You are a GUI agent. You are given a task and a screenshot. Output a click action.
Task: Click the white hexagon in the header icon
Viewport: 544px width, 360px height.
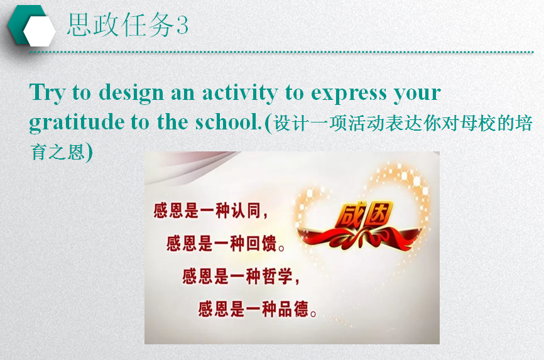[40, 31]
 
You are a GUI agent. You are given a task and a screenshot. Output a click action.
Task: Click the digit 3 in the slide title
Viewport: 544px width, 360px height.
[182, 25]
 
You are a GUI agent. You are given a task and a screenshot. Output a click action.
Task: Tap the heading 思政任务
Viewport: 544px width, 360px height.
[121, 25]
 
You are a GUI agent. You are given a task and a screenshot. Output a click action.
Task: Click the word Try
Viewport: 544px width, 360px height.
[47, 93]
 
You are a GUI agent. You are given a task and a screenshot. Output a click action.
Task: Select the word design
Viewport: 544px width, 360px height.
[131, 93]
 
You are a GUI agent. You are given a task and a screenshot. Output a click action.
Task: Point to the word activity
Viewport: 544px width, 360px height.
[240, 93]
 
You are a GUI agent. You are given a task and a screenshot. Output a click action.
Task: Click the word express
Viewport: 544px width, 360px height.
[349, 94]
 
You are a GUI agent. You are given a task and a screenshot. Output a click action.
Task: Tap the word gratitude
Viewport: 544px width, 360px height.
[77, 123]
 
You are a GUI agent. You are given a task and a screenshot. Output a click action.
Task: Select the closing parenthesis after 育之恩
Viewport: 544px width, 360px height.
[89, 152]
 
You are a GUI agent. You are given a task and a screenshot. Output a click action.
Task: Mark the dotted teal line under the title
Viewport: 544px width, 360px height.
[281, 52]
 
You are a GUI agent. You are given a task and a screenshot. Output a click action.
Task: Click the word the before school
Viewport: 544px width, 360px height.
[172, 122]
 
